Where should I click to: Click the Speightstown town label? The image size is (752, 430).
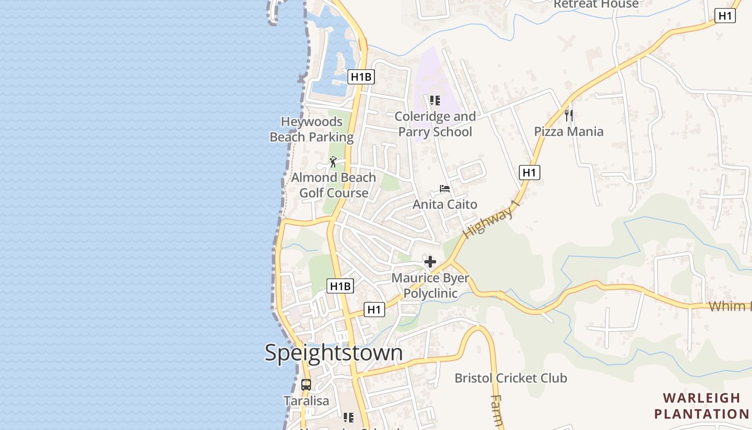coord(334,353)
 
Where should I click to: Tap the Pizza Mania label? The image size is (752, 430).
coord(568,132)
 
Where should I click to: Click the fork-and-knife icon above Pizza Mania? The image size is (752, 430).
coord(569,115)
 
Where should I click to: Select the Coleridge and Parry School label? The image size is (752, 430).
coord(435,124)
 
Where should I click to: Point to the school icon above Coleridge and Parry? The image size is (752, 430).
coord(435,101)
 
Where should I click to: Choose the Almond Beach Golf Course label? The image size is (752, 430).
coord(334,185)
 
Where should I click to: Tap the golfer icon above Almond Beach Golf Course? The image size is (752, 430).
coord(334,161)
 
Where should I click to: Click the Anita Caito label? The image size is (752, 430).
coord(445,204)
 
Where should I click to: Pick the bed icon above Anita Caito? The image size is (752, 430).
coord(445,189)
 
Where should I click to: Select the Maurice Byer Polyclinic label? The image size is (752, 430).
coord(430,285)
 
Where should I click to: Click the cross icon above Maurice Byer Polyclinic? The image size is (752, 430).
coord(430,262)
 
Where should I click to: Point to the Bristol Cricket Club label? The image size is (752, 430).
coord(510,378)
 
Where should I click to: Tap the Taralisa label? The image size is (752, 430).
coord(306,401)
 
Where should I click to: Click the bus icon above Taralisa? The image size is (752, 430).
coord(306,385)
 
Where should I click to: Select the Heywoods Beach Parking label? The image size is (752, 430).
coord(312,130)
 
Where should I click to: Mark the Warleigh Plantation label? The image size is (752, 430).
coord(701,406)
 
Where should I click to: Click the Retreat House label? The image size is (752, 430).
coord(596,4)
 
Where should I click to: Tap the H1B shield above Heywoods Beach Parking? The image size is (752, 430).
coord(361,77)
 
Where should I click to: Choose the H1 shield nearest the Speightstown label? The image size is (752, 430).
coord(374,310)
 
